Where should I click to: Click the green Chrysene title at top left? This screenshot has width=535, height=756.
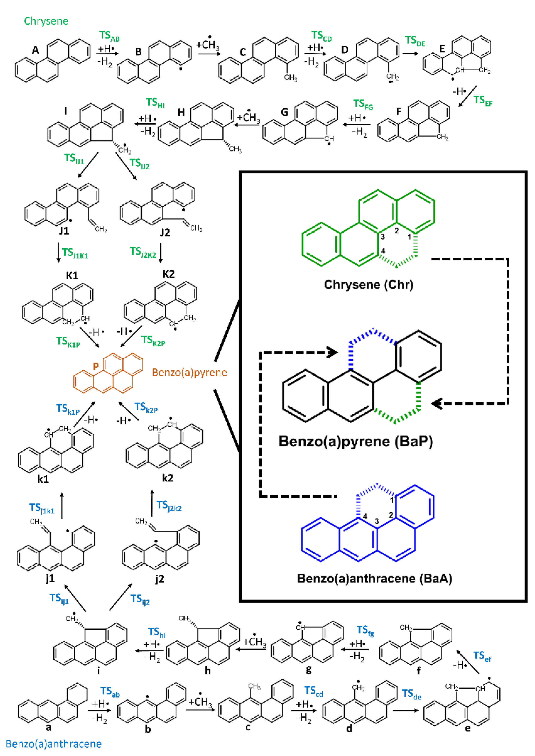click(46, 21)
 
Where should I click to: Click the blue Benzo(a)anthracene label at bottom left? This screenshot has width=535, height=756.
click(53, 744)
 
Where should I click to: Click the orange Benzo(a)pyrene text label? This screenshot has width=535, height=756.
click(189, 372)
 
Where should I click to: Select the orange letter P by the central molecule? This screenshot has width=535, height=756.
click(96, 366)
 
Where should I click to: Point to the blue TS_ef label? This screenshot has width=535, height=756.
click(482, 656)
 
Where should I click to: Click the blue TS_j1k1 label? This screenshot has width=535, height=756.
click(42, 508)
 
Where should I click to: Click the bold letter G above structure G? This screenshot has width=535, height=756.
click(284, 112)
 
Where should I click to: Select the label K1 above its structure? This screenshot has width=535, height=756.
click(72, 275)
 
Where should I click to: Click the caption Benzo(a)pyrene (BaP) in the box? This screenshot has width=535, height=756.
click(356, 441)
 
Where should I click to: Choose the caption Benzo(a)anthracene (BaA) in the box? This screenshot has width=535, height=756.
click(374, 578)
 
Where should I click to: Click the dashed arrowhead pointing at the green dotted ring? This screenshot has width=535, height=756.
click(437, 403)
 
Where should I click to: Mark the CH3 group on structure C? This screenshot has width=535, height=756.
click(291, 78)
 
